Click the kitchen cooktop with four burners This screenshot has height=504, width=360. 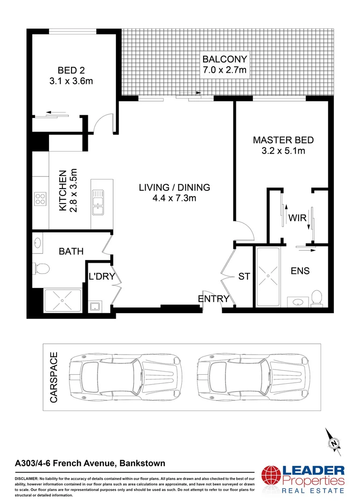click(x=40, y=199)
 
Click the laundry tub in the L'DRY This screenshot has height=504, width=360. click(x=96, y=306)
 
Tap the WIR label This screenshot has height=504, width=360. click(x=297, y=218)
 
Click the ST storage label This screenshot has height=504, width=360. click(x=244, y=276)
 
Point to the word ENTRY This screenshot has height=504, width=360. click(x=213, y=299)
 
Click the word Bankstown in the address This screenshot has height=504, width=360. click(x=142, y=463)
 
